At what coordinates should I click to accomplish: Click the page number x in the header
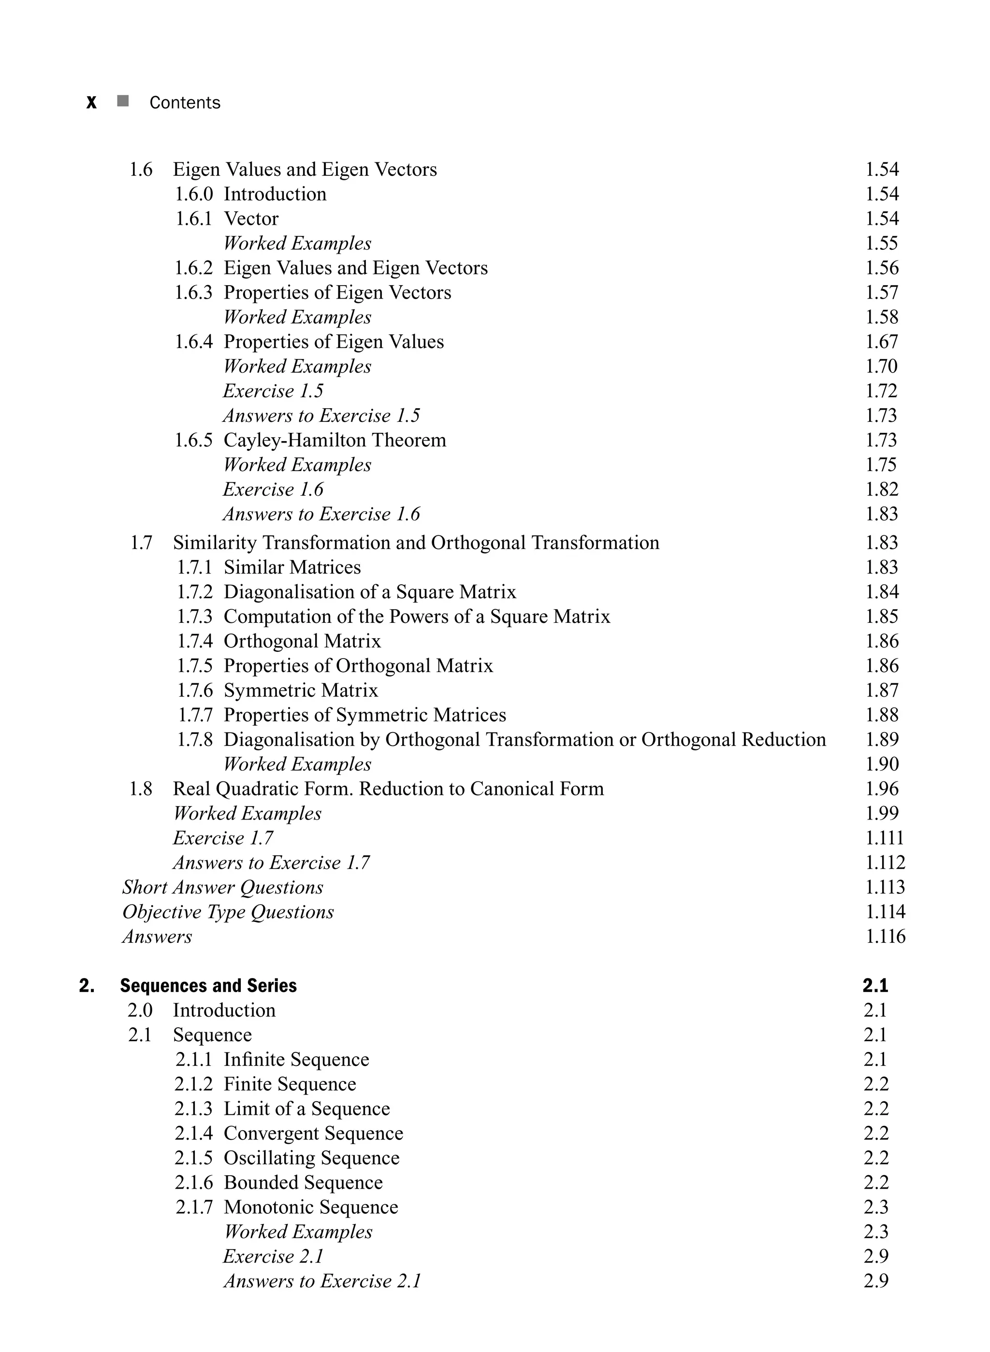pyautogui.click(x=91, y=103)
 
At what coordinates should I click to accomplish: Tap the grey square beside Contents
pyautogui.click(x=123, y=101)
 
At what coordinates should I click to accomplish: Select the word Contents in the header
pyautogui.click(x=185, y=103)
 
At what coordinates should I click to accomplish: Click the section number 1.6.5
pyautogui.click(x=193, y=440)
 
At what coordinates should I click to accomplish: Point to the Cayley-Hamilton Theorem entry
pyautogui.click(x=335, y=440)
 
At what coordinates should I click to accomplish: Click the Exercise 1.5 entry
pyautogui.click(x=273, y=391)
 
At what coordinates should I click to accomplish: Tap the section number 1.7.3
pyautogui.click(x=194, y=617)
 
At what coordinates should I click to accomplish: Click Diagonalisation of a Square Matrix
pyautogui.click(x=369, y=592)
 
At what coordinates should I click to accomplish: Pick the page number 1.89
pyautogui.click(x=882, y=740)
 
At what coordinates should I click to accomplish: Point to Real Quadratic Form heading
pyautogui.click(x=388, y=789)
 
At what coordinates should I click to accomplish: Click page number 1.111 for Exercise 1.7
pyautogui.click(x=884, y=838)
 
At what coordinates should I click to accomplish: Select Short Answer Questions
pyautogui.click(x=222, y=887)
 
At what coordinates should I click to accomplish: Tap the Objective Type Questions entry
pyautogui.click(x=228, y=912)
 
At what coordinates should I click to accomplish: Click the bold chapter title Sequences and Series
pyautogui.click(x=208, y=986)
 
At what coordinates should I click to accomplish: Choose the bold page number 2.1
pyautogui.click(x=875, y=986)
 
